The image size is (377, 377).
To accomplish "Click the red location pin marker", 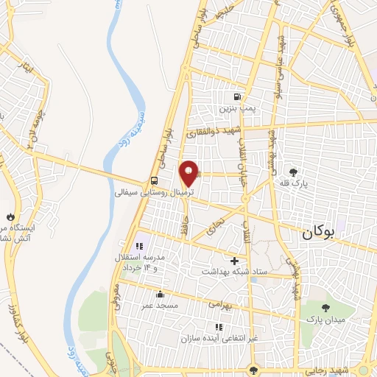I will point(190,172).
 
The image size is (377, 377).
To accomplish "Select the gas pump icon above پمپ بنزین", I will point(236,96).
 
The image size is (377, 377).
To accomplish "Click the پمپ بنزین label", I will point(236,108).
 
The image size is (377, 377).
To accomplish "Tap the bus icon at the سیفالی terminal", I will point(154,180).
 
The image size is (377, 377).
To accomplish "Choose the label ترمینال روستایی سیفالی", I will point(154,192).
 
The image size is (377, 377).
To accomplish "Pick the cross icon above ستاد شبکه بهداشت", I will point(235,261).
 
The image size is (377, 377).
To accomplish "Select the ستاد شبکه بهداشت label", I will point(235,272).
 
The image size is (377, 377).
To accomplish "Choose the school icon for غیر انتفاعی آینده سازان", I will point(218,325).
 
